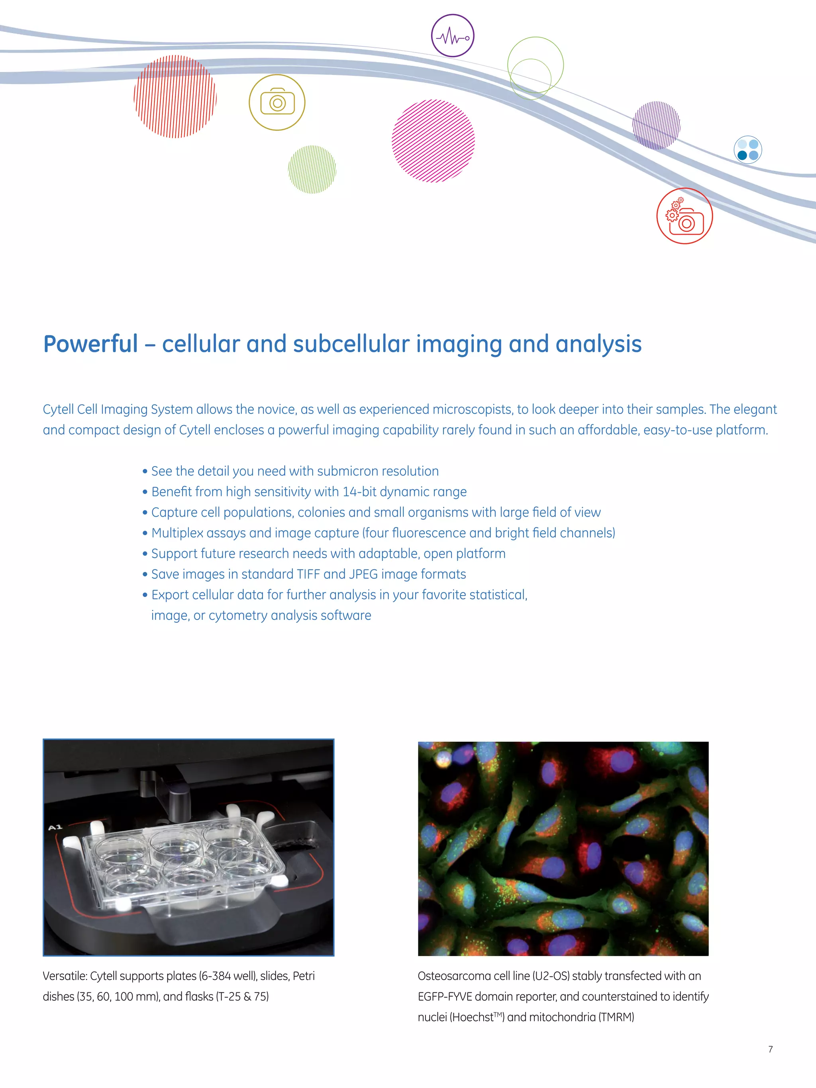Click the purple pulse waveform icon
(453, 36)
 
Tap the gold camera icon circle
(277, 102)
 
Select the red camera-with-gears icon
(684, 216)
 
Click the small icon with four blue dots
(747, 149)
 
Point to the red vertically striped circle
(175, 96)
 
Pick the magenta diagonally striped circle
(433, 141)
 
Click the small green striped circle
(312, 169)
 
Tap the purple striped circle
(656, 125)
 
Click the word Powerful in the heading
(90, 344)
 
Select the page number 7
(770, 1049)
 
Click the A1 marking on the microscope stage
(55, 827)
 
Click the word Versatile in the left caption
(64, 976)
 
